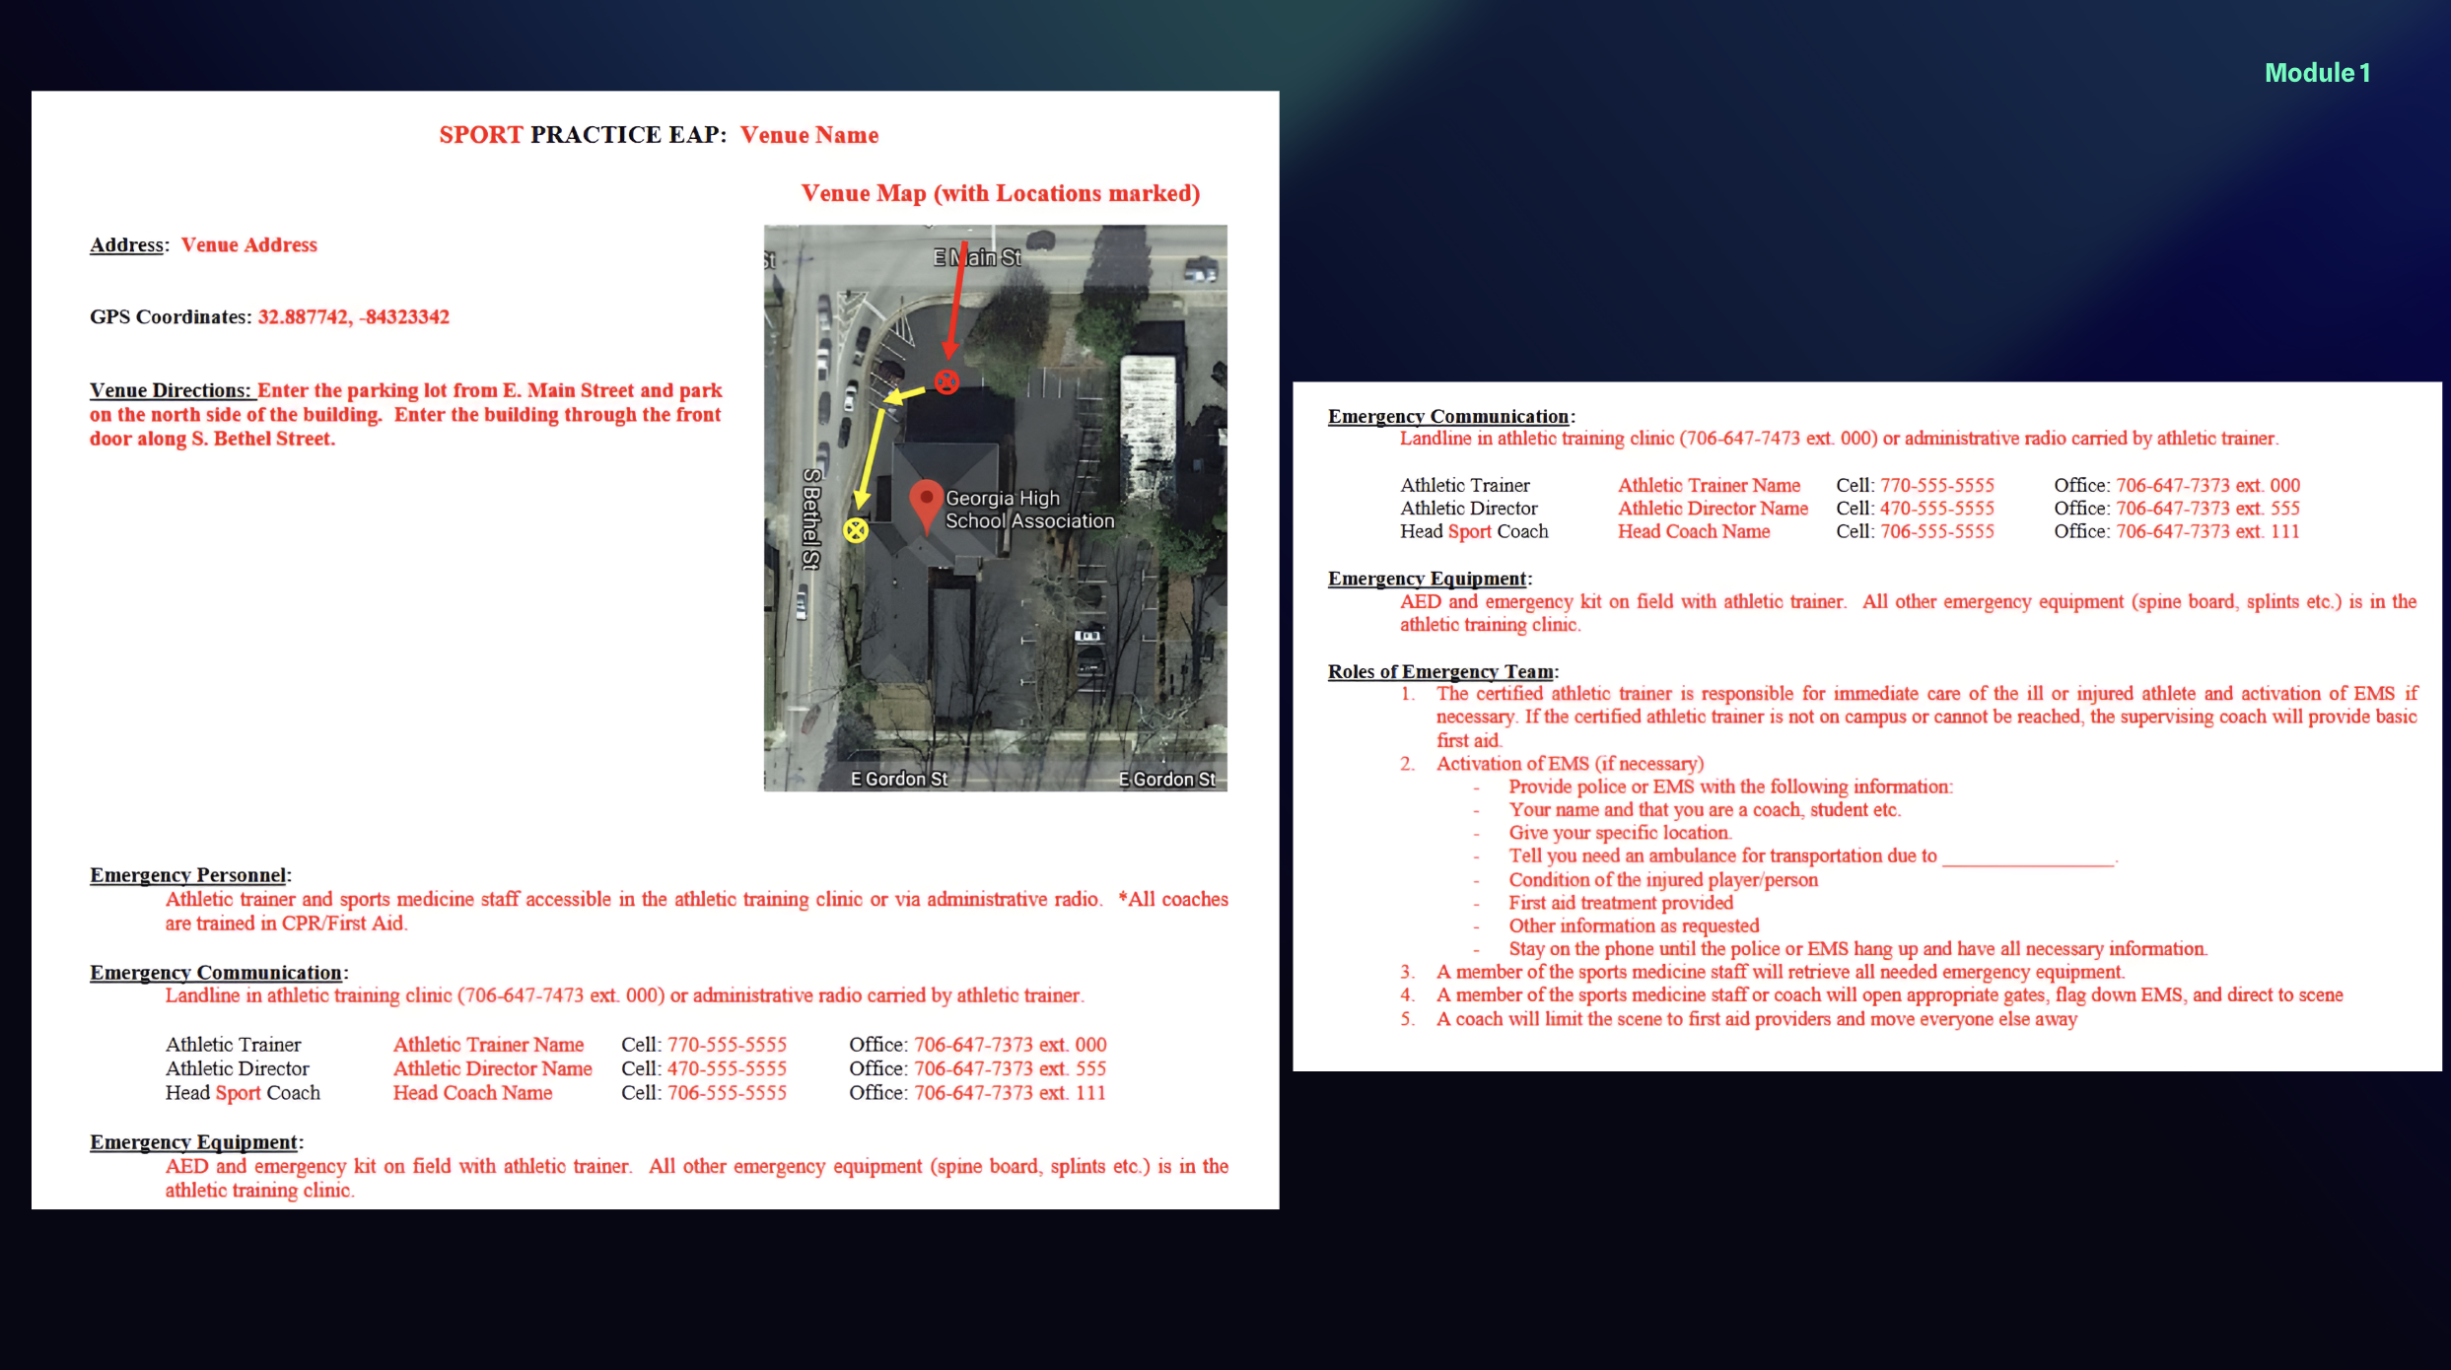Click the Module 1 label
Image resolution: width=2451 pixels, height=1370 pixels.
point(2317,73)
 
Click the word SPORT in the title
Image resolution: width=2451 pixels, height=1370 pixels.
point(480,135)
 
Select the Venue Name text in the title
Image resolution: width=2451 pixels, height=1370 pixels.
point(809,135)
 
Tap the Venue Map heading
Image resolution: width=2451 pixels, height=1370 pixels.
point(1000,193)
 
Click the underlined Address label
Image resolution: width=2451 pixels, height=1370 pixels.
point(126,245)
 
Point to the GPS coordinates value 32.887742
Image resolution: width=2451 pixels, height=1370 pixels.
point(303,317)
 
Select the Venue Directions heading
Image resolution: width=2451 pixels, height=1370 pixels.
point(170,390)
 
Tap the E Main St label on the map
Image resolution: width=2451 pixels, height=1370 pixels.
point(977,257)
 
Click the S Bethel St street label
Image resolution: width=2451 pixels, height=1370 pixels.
point(811,518)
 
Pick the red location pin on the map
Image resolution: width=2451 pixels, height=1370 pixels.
point(926,503)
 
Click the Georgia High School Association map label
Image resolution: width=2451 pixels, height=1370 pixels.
point(1028,510)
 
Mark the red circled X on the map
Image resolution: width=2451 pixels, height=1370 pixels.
point(946,382)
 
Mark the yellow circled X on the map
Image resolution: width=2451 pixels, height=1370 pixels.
point(856,531)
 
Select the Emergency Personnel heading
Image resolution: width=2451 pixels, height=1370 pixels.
point(187,875)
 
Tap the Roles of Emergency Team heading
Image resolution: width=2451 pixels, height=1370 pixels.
point(1440,672)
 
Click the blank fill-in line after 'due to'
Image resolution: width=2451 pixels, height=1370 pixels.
point(2028,857)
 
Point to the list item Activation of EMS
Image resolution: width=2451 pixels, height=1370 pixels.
point(1570,764)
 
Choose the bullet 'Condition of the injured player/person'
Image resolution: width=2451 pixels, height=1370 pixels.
point(1663,880)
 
